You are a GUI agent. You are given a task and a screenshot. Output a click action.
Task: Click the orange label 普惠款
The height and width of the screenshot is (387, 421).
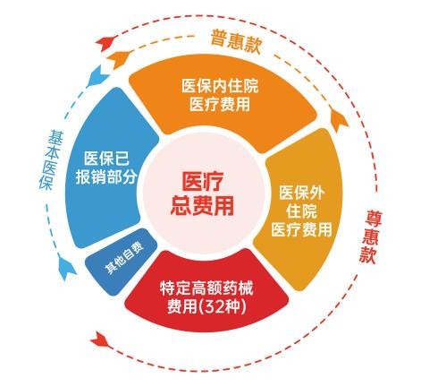pyautogui.click(x=236, y=42)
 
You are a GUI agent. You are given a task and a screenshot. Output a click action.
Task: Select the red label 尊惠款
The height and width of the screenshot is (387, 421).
pyautogui.click(x=371, y=236)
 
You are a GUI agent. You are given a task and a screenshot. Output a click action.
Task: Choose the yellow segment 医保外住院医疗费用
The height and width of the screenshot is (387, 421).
pyautogui.click(x=301, y=209)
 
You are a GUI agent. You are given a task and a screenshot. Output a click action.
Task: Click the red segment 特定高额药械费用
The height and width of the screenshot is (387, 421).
pyautogui.click(x=206, y=294)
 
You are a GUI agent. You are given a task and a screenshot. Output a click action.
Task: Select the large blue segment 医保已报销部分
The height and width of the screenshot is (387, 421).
pyautogui.click(x=107, y=168)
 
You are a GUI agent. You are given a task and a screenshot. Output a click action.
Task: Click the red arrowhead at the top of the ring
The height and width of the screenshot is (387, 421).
pyautogui.click(x=106, y=43)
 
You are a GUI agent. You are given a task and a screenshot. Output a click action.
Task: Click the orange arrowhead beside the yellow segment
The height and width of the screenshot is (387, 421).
pyautogui.click(x=340, y=120)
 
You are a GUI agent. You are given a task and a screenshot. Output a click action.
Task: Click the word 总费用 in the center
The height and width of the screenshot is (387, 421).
pyautogui.click(x=202, y=206)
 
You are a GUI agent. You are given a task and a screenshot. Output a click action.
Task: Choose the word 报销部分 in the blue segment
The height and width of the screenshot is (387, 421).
pyautogui.click(x=106, y=177)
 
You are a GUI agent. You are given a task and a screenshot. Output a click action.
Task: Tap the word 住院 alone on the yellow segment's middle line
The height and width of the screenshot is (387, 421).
pyautogui.click(x=301, y=211)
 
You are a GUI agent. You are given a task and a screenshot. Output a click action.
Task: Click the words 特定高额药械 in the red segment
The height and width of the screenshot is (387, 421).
pyautogui.click(x=206, y=288)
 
